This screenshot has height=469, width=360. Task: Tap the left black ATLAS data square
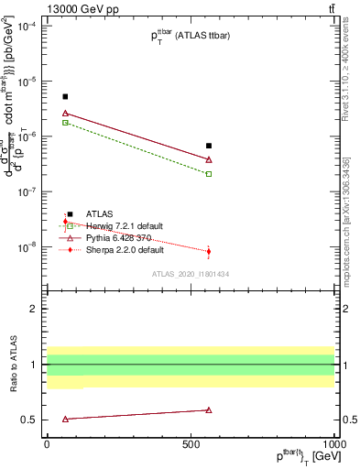[x=65, y=96]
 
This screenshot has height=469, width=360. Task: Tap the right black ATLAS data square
[x=209, y=146]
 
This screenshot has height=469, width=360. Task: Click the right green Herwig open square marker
[x=209, y=173]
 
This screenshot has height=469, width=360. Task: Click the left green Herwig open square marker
[x=65, y=122]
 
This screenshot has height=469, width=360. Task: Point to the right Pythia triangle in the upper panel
[x=209, y=159]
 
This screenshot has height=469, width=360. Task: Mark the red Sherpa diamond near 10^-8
[x=209, y=251]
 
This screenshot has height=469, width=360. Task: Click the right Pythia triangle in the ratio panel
[x=209, y=410]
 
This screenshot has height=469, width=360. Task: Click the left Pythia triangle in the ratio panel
[x=65, y=419]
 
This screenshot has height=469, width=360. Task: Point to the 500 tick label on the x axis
[x=191, y=442]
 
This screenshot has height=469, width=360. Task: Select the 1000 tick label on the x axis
[x=332, y=442]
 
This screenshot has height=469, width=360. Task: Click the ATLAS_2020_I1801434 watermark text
[x=191, y=274]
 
